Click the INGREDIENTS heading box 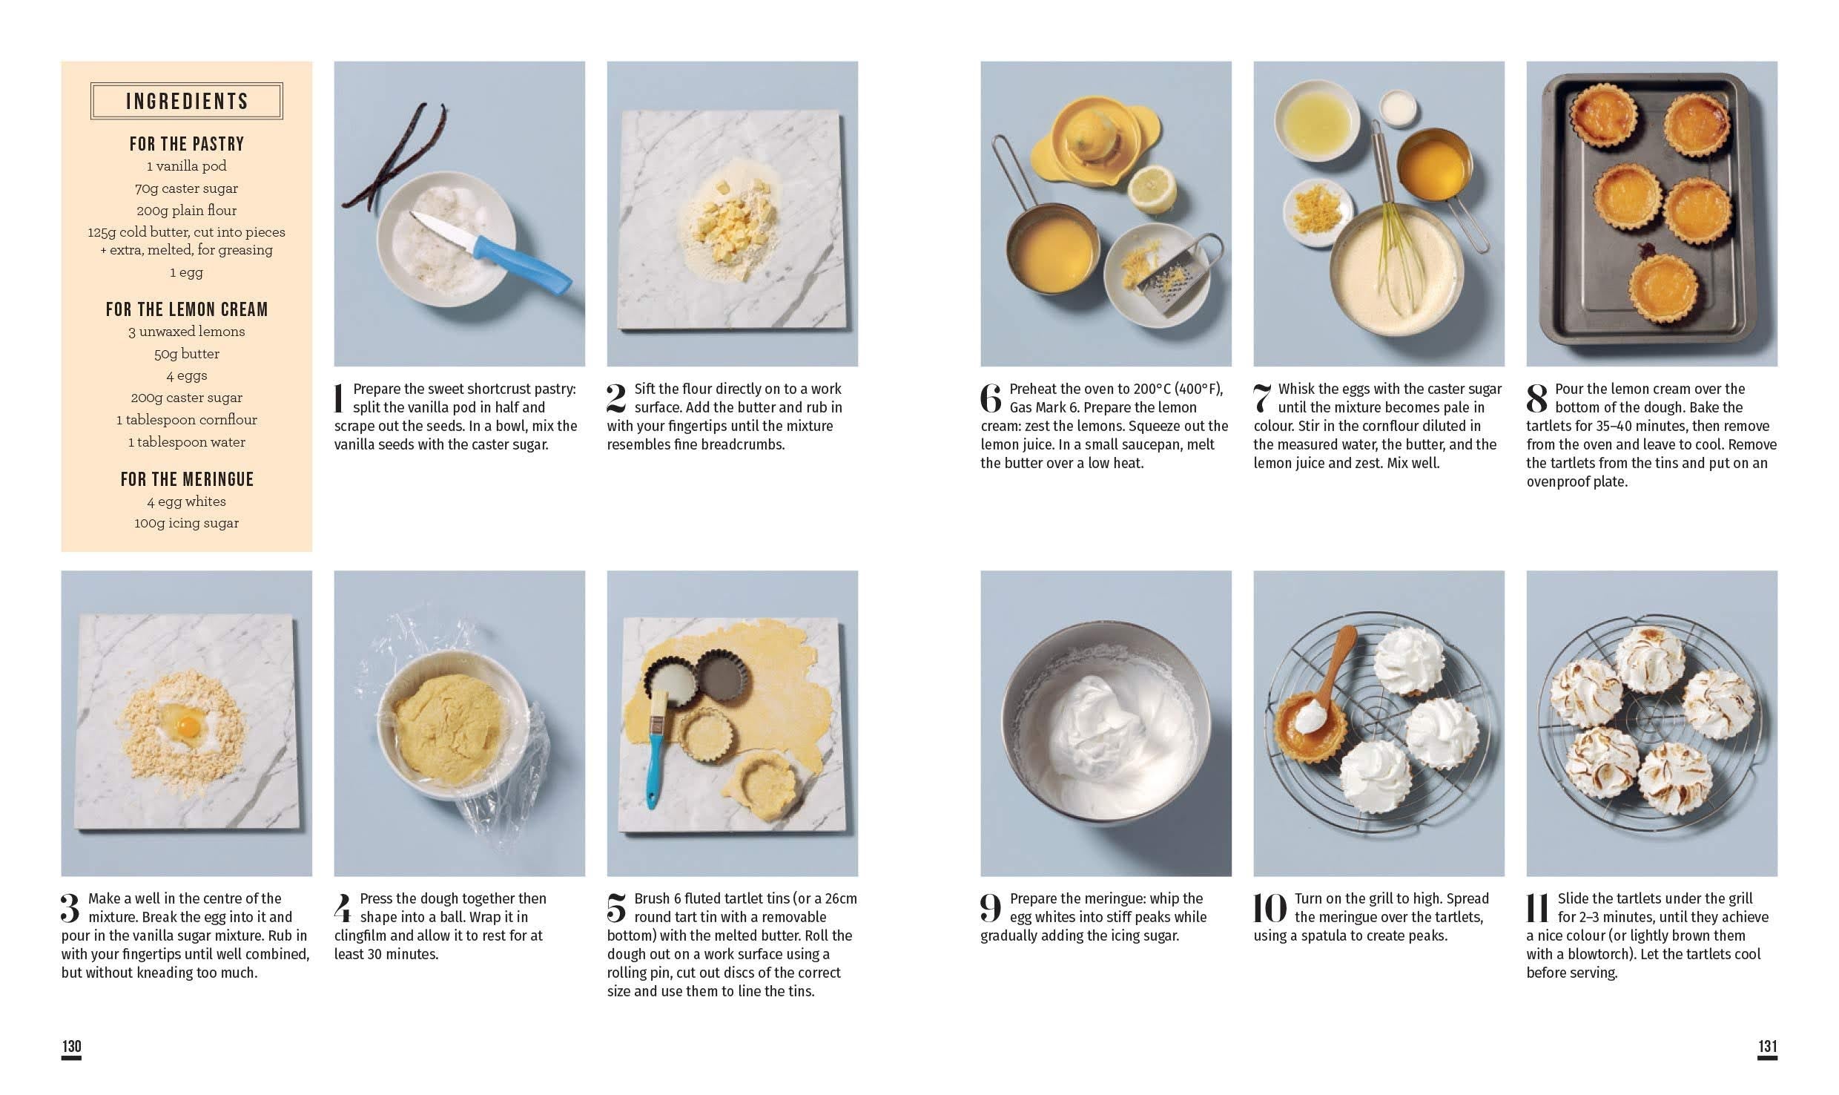pos(186,101)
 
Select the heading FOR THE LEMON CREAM pos(187,309)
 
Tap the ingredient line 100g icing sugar pos(187,523)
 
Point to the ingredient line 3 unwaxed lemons pos(187,332)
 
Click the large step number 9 pos(991,909)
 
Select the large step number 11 pos(1536,909)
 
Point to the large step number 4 pos(343,909)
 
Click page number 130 pos(71,1046)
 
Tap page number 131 pos(1768,1046)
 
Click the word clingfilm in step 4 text pos(363,935)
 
